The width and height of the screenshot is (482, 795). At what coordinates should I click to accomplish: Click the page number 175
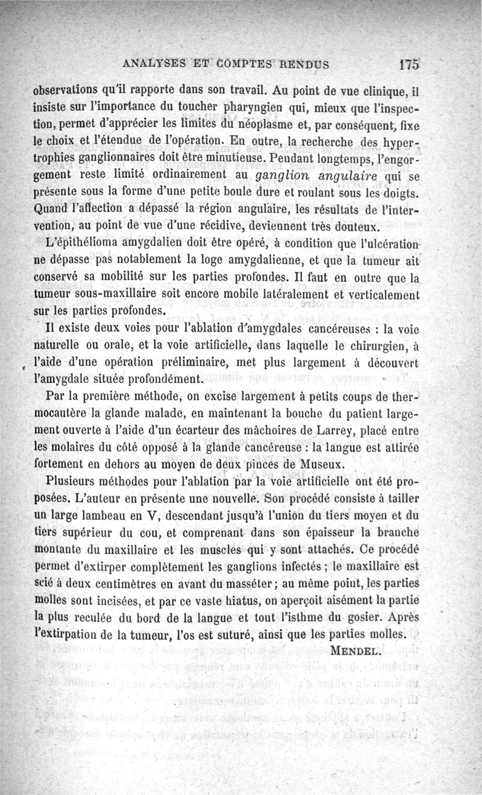pos(409,64)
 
